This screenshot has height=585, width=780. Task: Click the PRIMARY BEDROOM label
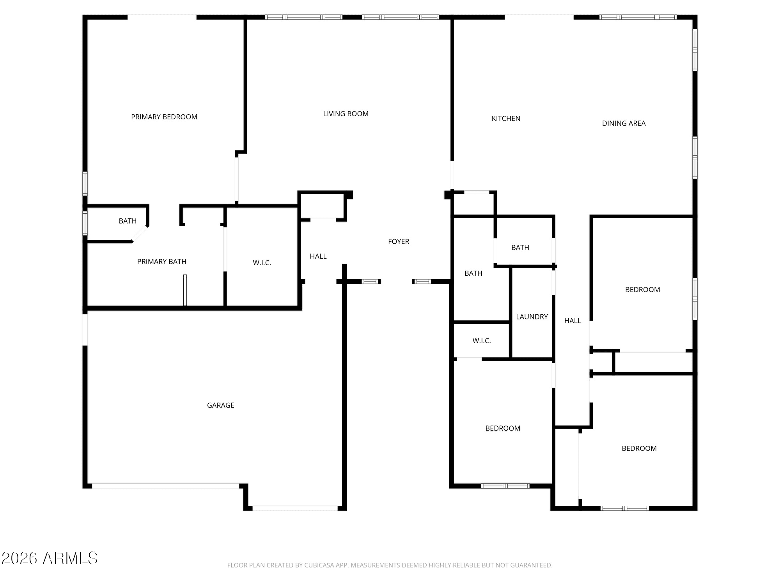pyautogui.click(x=164, y=117)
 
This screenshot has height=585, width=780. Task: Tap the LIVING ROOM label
pyautogui.click(x=346, y=114)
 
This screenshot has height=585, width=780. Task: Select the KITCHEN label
pyautogui.click(x=506, y=119)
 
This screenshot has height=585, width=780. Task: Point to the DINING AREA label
pyautogui.click(x=624, y=123)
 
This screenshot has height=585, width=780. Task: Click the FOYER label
pyautogui.click(x=399, y=242)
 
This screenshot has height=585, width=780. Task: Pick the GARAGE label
pyautogui.click(x=221, y=406)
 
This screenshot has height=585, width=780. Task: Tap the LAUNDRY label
pyautogui.click(x=532, y=317)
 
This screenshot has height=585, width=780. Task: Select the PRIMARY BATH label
pyautogui.click(x=162, y=262)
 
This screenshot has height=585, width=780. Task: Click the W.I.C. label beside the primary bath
pyautogui.click(x=262, y=263)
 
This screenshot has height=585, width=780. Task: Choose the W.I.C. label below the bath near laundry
pyautogui.click(x=482, y=341)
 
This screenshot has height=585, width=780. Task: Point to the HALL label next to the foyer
pyautogui.click(x=318, y=256)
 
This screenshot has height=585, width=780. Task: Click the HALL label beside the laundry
pyautogui.click(x=573, y=321)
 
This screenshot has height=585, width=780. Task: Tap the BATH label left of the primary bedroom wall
pyautogui.click(x=128, y=221)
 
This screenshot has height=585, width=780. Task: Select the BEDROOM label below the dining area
pyautogui.click(x=643, y=290)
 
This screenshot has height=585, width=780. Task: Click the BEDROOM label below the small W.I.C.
pyautogui.click(x=503, y=428)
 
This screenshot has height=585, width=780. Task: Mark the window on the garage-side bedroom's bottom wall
pyautogui.click(x=505, y=486)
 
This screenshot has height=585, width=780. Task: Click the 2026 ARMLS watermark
pyautogui.click(x=50, y=558)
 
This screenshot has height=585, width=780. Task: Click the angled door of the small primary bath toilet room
pyautogui.click(x=139, y=234)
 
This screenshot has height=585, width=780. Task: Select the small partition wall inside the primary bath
pyautogui.click(x=185, y=290)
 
